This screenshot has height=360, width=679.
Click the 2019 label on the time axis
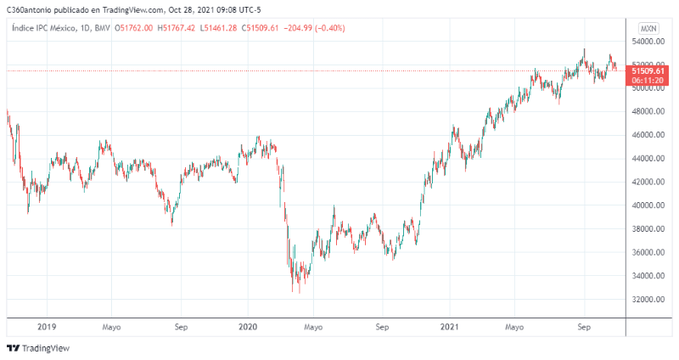point(47,326)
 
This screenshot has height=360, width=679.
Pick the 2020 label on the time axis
point(248,326)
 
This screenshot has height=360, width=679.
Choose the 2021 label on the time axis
point(449,326)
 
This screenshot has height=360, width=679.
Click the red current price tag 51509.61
point(648,70)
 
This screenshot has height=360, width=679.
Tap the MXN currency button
point(649,28)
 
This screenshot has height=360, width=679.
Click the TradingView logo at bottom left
point(38,348)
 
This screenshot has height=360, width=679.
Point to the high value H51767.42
point(177,28)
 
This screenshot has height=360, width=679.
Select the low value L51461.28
point(222,28)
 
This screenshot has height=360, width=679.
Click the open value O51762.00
point(132,28)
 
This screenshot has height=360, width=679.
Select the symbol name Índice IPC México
point(42,28)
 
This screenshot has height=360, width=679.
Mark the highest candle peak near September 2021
point(584,50)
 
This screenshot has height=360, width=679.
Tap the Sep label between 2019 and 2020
point(180,326)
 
